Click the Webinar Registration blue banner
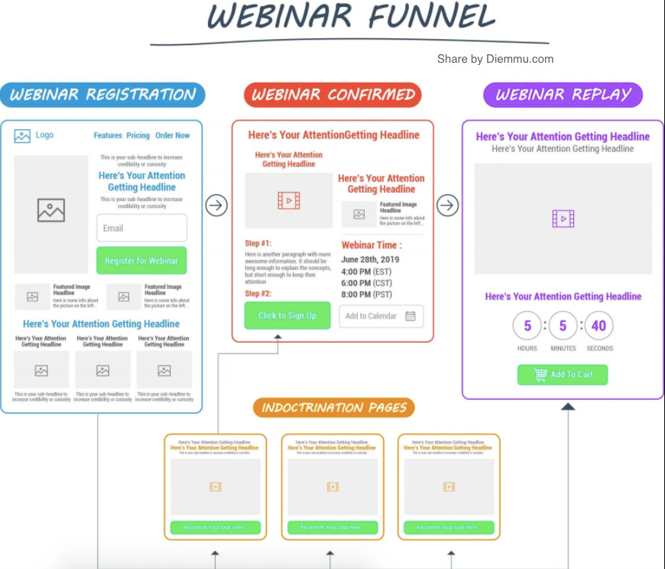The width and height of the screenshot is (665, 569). [x=102, y=95]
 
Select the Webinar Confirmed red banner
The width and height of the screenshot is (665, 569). [x=332, y=95]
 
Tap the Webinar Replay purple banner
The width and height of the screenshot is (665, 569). [x=563, y=95]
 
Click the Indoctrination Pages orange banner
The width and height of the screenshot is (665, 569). [x=333, y=408]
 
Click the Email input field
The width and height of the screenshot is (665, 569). [x=141, y=228]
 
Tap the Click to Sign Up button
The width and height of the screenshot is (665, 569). [x=287, y=316]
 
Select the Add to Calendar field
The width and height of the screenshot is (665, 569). [x=381, y=316]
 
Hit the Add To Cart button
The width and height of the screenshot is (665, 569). [x=563, y=375]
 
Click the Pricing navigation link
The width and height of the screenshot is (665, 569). [x=138, y=135]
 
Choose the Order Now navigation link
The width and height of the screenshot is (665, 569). [x=172, y=135]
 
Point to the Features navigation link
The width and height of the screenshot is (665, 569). [x=108, y=135]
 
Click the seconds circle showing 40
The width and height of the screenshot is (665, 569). [x=598, y=326]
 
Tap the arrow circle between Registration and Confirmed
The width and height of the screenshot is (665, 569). [x=216, y=205]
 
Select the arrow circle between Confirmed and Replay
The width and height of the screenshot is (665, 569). [x=447, y=205]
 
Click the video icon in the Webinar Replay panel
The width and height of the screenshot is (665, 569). [x=563, y=219]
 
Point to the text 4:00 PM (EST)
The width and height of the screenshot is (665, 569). [x=366, y=271]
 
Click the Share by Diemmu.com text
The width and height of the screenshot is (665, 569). [x=495, y=59]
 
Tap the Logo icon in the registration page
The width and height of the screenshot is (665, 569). [x=22, y=135]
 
